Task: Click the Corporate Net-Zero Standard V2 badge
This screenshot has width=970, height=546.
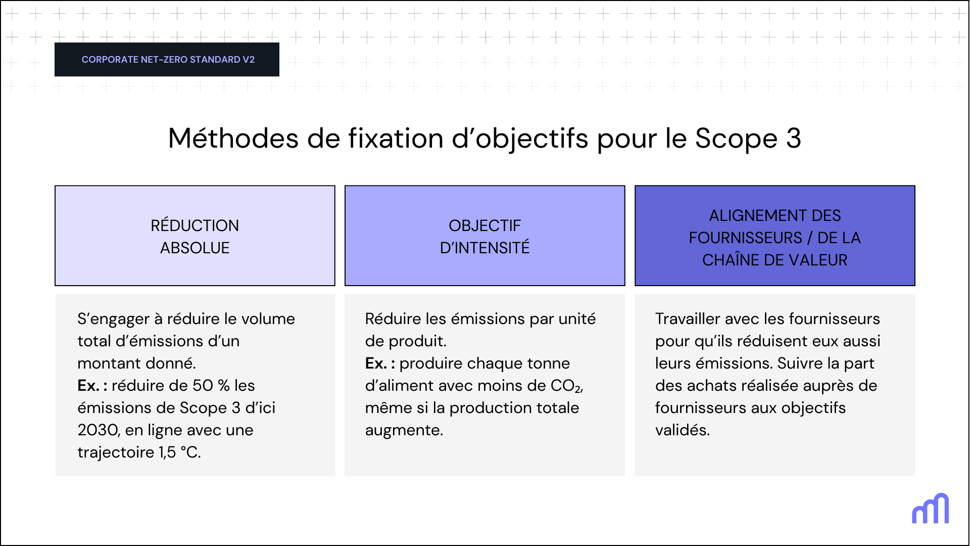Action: tap(167, 60)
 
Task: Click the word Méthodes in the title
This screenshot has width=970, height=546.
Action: tap(233, 138)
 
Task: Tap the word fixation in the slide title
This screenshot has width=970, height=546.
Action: tap(396, 138)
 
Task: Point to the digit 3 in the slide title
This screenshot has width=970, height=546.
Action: tap(794, 138)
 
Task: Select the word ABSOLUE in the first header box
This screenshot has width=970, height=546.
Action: tap(195, 248)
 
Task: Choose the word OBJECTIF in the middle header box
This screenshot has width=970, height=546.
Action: tap(484, 225)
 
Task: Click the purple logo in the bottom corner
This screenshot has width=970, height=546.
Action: tap(930, 509)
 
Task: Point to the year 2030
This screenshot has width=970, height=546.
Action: tap(98, 430)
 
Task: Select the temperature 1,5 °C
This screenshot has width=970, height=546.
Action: tap(179, 452)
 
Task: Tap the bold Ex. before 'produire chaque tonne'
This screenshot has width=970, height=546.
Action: tap(376, 363)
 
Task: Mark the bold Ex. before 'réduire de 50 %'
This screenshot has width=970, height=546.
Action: tap(88, 386)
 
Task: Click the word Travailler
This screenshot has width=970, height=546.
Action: tap(688, 319)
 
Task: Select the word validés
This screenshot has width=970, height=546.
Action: tap(682, 430)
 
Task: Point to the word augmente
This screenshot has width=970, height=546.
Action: tap(404, 430)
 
